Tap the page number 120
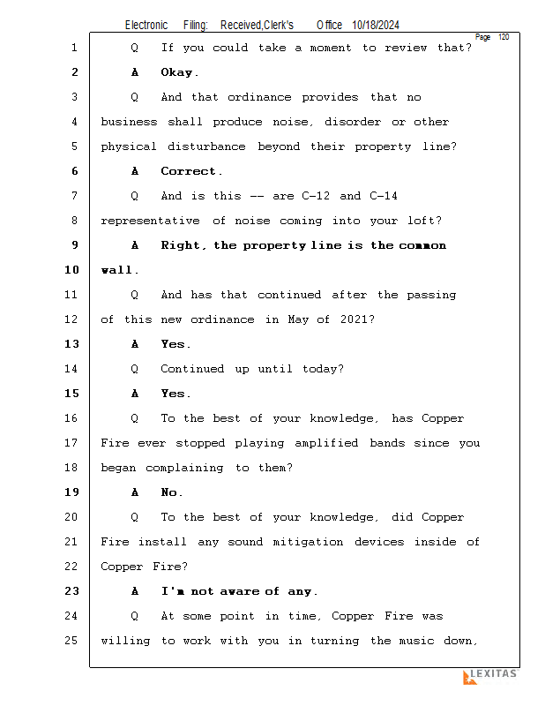pos(504,37)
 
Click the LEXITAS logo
pos(489,676)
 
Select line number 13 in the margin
pos(72,344)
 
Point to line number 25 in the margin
pos(72,641)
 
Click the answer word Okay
pos(179,72)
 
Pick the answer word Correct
pos(190,171)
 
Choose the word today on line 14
pos(317,369)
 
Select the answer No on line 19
pos(171,492)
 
